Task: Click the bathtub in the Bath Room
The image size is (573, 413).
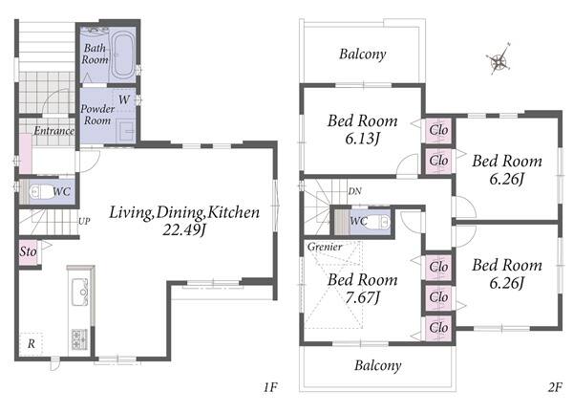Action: click(123, 55)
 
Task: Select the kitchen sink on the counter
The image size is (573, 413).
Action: click(80, 292)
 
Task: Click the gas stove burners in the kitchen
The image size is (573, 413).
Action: click(79, 338)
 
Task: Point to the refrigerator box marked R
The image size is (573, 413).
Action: click(32, 343)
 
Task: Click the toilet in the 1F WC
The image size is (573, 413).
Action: click(39, 191)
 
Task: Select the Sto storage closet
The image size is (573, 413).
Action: click(28, 252)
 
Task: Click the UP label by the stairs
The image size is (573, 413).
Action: click(84, 221)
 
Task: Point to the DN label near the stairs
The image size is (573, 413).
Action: click(354, 191)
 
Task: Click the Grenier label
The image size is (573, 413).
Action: click(325, 247)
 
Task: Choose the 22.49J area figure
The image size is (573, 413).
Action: click(184, 230)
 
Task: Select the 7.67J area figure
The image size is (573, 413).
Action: click(363, 297)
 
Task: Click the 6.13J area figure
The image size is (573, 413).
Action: click(363, 139)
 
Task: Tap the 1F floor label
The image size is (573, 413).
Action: click(270, 387)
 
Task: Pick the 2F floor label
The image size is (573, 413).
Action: click(555, 387)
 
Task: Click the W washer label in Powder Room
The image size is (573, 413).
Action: click(124, 99)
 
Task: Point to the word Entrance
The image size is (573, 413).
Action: click(54, 131)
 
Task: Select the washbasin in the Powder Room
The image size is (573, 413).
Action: click(127, 131)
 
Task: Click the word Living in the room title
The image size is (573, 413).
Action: click(132, 213)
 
